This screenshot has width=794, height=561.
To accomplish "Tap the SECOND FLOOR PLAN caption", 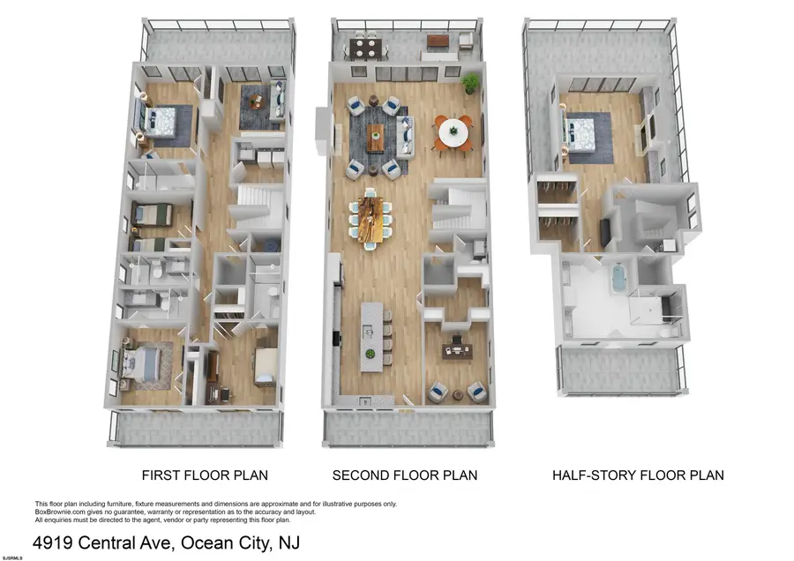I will pyautogui.click(x=404, y=475).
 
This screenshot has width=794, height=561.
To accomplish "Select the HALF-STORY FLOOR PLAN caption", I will pyautogui.click(x=638, y=475).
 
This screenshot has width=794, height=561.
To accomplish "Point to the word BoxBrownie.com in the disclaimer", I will pyautogui.click(x=64, y=512).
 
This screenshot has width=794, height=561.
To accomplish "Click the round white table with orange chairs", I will pyautogui.click(x=453, y=132).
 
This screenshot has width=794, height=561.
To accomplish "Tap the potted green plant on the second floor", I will pyautogui.click(x=471, y=83).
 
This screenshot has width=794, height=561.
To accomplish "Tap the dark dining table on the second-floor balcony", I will pyautogui.click(x=364, y=47).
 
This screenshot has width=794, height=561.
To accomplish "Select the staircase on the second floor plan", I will pyautogui.click(x=456, y=210).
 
